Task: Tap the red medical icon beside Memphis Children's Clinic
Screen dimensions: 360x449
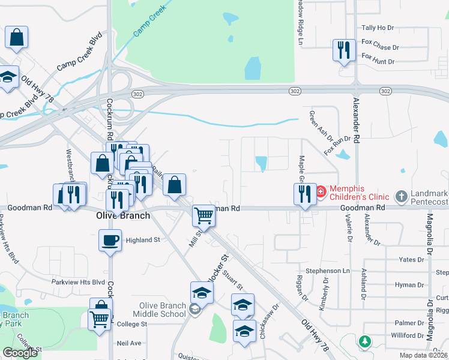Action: click(x=321, y=192)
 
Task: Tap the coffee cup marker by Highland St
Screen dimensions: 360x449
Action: click(x=110, y=240)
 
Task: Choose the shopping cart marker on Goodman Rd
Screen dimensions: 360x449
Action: click(x=204, y=215)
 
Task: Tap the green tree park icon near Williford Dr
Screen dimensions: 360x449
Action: click(x=364, y=341)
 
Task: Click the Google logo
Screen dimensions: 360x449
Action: click(x=20, y=353)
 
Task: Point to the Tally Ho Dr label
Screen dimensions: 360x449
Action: click(x=377, y=28)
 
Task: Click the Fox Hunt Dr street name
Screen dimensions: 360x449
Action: click(x=377, y=62)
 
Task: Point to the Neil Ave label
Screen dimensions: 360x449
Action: click(x=129, y=343)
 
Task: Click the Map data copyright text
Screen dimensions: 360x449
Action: click(x=424, y=355)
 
